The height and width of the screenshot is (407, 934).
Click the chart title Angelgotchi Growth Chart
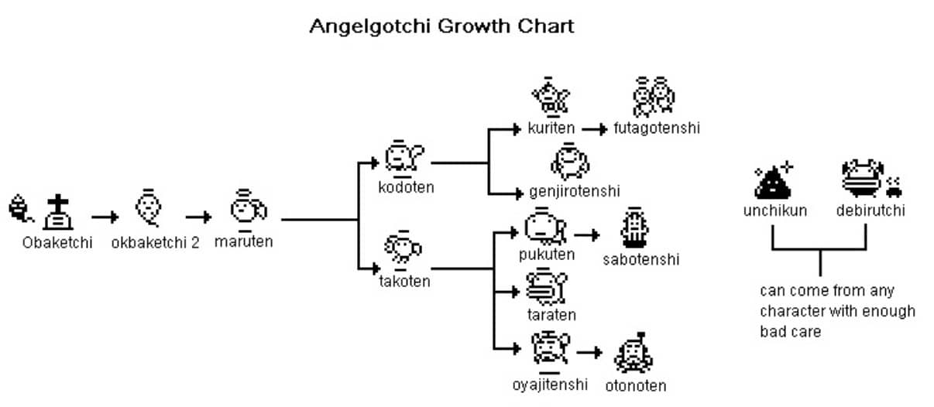441,26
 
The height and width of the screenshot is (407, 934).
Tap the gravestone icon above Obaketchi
58,212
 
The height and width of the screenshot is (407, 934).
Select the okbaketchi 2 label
155,242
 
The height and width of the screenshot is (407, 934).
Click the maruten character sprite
248,210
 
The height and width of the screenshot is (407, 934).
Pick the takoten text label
404,281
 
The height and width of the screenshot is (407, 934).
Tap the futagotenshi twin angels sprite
654,97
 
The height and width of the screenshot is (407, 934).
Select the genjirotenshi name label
575,192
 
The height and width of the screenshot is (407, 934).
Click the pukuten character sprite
545,226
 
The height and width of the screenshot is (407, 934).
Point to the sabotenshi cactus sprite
634,227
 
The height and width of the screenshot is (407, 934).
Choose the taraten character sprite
547,287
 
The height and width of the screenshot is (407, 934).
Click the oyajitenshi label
550,385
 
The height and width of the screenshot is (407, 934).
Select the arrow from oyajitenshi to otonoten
589,352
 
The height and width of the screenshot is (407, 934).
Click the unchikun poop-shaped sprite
774,181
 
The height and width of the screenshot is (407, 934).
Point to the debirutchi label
870,210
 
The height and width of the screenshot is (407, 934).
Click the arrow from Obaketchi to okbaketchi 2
105,217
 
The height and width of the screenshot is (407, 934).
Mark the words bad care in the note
790,332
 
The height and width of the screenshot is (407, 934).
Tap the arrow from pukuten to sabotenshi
587,235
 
